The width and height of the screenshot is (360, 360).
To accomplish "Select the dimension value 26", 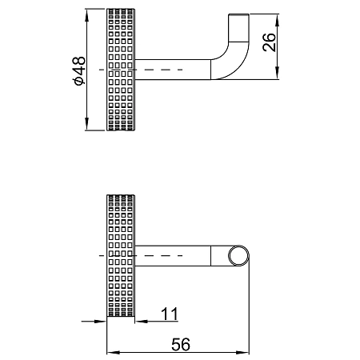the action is (269, 42).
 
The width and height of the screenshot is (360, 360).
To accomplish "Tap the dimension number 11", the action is (170, 314).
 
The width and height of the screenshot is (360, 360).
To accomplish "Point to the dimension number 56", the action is (181, 344).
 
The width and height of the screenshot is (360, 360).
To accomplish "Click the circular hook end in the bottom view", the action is (238, 255).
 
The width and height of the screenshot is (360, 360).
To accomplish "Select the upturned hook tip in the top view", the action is (239, 28).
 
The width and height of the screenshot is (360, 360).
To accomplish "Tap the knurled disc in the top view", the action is (121, 70).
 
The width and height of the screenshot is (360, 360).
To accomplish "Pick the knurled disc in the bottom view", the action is (121, 256).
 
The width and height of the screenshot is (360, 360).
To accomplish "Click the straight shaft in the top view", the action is (173, 70).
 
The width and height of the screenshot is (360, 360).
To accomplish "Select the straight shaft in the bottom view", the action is (173, 255).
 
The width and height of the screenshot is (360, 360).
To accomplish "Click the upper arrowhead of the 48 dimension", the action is (86, 15).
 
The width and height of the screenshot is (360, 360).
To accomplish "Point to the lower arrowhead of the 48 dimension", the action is (86, 124).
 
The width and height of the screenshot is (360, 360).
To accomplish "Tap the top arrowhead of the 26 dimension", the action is (278, 20).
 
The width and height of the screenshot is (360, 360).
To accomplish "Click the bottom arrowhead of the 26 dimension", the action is (278, 73).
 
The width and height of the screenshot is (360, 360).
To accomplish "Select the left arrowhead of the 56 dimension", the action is (113, 353).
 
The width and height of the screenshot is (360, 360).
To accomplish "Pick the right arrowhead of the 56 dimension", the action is (242, 353).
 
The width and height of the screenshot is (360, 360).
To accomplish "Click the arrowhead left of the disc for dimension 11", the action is (101, 322).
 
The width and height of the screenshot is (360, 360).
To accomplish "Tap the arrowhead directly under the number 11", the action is (142, 322).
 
